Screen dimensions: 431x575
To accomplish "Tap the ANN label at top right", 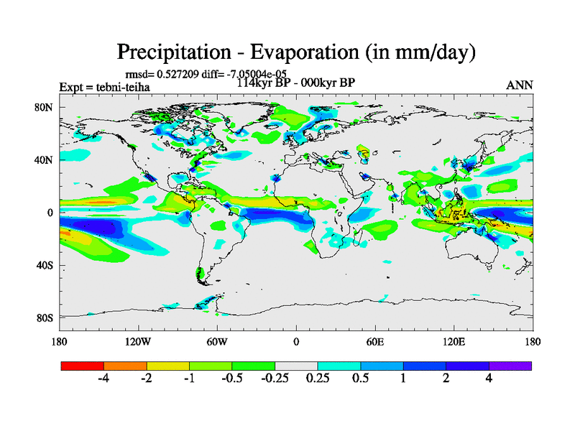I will tap(520, 85).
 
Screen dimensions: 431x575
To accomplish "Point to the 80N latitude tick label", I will tap(45, 107).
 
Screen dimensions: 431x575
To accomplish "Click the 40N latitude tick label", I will tap(45, 160).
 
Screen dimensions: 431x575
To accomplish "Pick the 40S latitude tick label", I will tap(45, 265).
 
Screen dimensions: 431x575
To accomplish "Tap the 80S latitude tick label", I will tap(45, 318).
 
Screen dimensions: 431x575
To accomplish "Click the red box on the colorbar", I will tap(83, 366).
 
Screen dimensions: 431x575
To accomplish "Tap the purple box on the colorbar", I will tap(510, 366).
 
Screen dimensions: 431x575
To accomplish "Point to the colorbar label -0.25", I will tap(275, 379).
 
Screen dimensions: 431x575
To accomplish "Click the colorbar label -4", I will tap(103, 379).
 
